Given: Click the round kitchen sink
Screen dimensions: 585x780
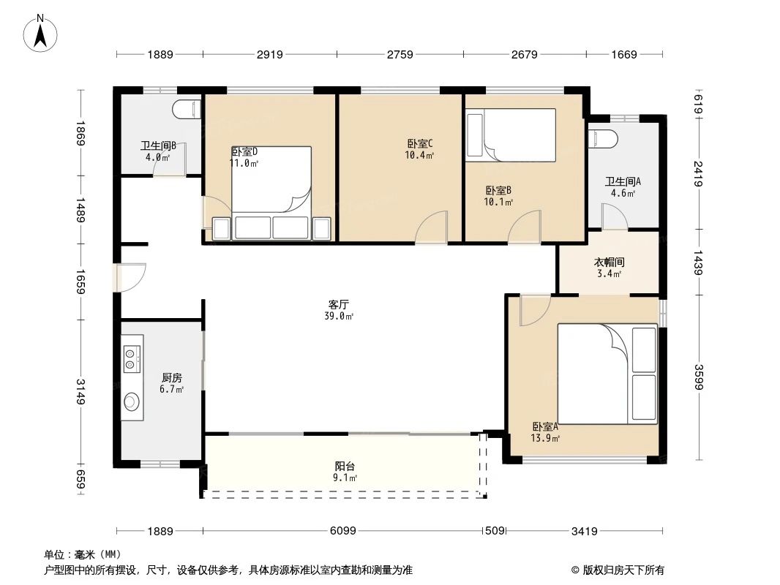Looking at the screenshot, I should [132, 401].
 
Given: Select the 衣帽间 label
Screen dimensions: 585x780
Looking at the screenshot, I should [609, 262].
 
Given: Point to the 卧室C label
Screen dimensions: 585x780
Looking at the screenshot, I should [420, 143].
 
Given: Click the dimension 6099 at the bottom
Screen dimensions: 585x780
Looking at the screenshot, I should [342, 531].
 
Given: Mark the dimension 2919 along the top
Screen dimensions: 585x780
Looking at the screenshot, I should [269, 54].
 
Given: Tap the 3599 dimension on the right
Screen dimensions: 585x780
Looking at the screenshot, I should [699, 377].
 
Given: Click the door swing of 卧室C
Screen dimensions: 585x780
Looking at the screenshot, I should [432, 227].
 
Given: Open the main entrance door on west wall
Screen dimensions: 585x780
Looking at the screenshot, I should [130, 278].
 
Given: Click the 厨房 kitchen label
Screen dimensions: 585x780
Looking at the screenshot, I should [172, 378].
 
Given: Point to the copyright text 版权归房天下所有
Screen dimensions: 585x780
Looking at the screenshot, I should [623, 570].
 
